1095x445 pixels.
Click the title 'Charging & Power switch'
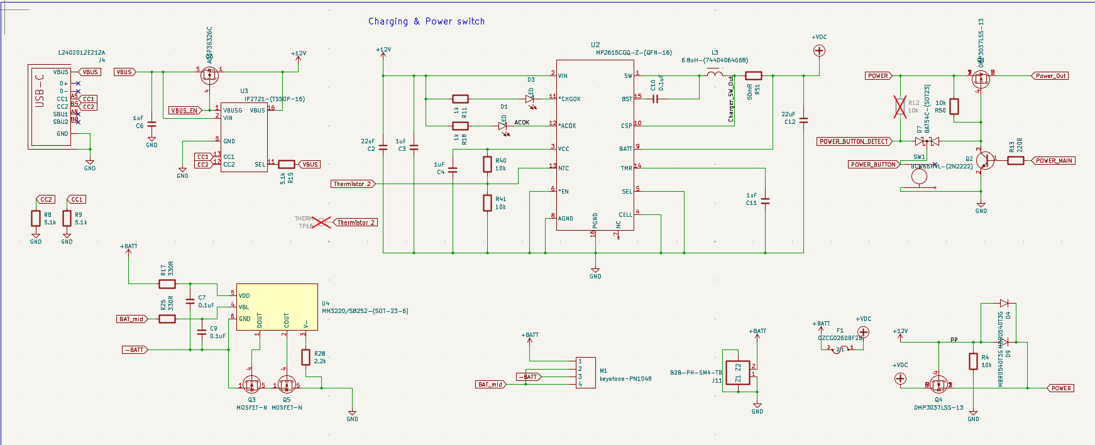(x=426, y=21)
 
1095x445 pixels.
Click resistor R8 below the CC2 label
(x=36, y=219)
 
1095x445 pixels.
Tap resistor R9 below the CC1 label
(x=67, y=219)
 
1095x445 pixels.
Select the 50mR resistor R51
(x=754, y=76)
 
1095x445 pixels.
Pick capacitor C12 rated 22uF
(x=804, y=119)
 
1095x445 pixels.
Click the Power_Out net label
(x=1050, y=76)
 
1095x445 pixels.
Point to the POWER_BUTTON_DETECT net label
(x=854, y=141)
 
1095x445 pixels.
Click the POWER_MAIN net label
(x=1054, y=161)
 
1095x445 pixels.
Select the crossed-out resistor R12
(x=900, y=107)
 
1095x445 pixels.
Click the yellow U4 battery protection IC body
(x=277, y=307)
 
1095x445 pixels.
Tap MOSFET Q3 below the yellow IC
(x=251, y=385)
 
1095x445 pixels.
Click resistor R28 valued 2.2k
(x=305, y=358)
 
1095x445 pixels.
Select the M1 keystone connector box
(x=586, y=373)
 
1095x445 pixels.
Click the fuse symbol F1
(x=839, y=349)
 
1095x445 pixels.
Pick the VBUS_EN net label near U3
(x=184, y=111)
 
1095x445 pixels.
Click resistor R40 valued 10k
(x=487, y=165)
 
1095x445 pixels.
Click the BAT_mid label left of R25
(x=131, y=319)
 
